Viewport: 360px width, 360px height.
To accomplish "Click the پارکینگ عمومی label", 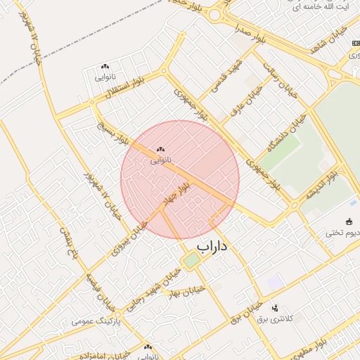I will point(96,321).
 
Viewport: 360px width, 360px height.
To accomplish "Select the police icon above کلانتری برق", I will point(275,307).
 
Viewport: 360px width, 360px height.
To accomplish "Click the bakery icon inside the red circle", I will point(160,149).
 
